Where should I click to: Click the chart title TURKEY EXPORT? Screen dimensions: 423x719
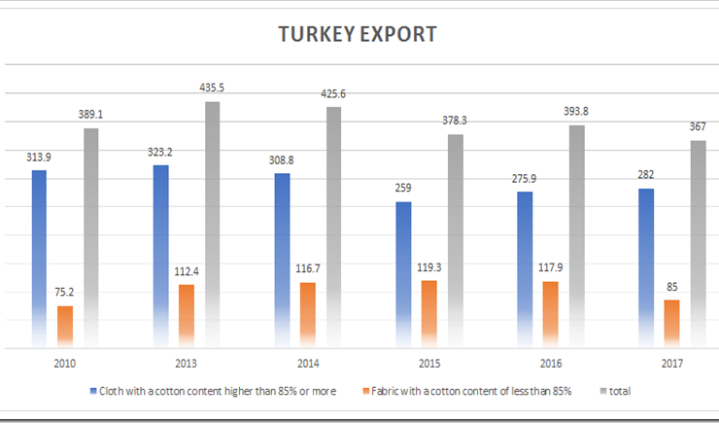tap(357, 35)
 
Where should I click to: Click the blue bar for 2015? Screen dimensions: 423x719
tap(404, 273)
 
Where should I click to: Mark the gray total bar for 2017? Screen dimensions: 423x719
tap(698, 243)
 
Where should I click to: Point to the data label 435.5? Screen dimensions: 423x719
tap(212, 87)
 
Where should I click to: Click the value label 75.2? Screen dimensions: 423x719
tap(65, 291)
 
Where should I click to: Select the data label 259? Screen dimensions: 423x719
tap(404, 187)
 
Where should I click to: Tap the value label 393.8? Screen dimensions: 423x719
tap(576, 111)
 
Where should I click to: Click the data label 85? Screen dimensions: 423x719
tap(672, 285)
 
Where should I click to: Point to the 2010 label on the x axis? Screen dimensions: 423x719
tap(65, 363)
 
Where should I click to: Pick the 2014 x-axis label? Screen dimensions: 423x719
tap(308, 363)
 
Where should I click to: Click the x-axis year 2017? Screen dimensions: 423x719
tap(672, 363)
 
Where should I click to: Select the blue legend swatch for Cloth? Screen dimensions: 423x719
tap(93, 391)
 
